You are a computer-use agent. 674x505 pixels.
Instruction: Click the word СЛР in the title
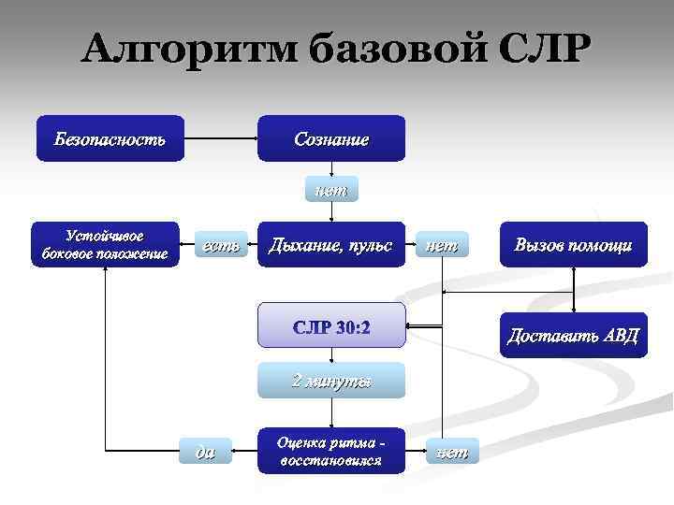(540, 49)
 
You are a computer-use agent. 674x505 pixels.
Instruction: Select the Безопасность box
(110, 138)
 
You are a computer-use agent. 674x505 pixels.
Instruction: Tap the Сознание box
(331, 138)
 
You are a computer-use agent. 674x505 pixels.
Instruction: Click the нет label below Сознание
(331, 191)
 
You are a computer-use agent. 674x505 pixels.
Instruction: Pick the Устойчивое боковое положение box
(105, 244)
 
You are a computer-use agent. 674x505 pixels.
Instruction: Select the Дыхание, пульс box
(331, 245)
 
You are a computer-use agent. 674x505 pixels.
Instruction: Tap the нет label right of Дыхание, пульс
(441, 246)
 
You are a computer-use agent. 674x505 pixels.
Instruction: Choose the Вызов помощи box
(573, 245)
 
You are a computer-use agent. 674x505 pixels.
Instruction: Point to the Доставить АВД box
(573, 335)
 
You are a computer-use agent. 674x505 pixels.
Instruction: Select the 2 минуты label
(331, 380)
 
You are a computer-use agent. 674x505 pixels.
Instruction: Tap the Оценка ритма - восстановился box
(331, 451)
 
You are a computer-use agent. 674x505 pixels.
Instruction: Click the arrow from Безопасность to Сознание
(221, 139)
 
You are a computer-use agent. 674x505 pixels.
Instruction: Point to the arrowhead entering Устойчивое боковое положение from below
(105, 274)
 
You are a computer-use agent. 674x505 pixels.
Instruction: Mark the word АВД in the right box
(618, 335)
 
